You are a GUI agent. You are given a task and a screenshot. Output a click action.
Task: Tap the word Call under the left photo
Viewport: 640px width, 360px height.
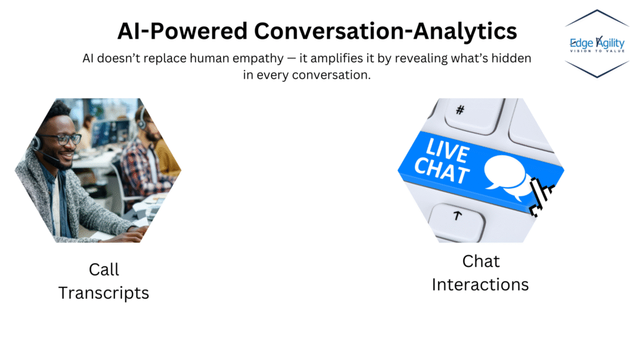[x=104, y=269]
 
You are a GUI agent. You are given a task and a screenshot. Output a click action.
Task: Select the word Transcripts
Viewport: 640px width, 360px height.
[x=104, y=292]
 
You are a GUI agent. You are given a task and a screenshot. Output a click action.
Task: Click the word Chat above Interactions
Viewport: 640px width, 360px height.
[x=481, y=261]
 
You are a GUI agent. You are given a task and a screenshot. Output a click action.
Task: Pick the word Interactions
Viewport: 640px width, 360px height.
[x=480, y=284]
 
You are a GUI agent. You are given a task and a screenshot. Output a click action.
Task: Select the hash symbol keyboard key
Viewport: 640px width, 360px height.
[x=460, y=111]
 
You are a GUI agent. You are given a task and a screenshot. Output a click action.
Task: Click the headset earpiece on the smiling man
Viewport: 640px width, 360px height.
[x=36, y=143]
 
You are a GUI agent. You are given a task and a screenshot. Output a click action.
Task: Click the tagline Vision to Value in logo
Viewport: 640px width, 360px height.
[x=596, y=52]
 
